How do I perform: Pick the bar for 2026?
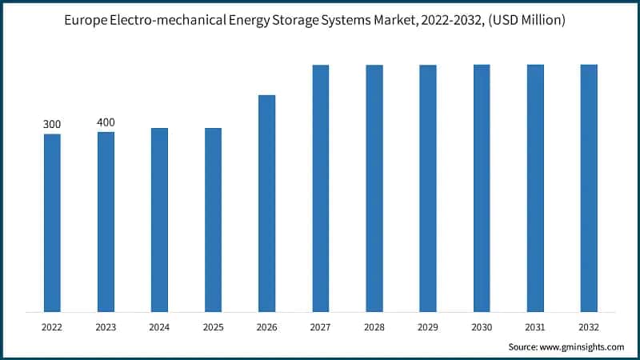point(266,203)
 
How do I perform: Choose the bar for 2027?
point(321,188)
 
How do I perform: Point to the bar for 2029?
point(428,188)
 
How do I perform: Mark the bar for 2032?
point(589,188)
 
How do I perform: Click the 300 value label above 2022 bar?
point(52,124)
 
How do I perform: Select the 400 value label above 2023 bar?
point(106,122)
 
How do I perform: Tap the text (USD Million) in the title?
point(523,21)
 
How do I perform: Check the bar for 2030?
point(482,188)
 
